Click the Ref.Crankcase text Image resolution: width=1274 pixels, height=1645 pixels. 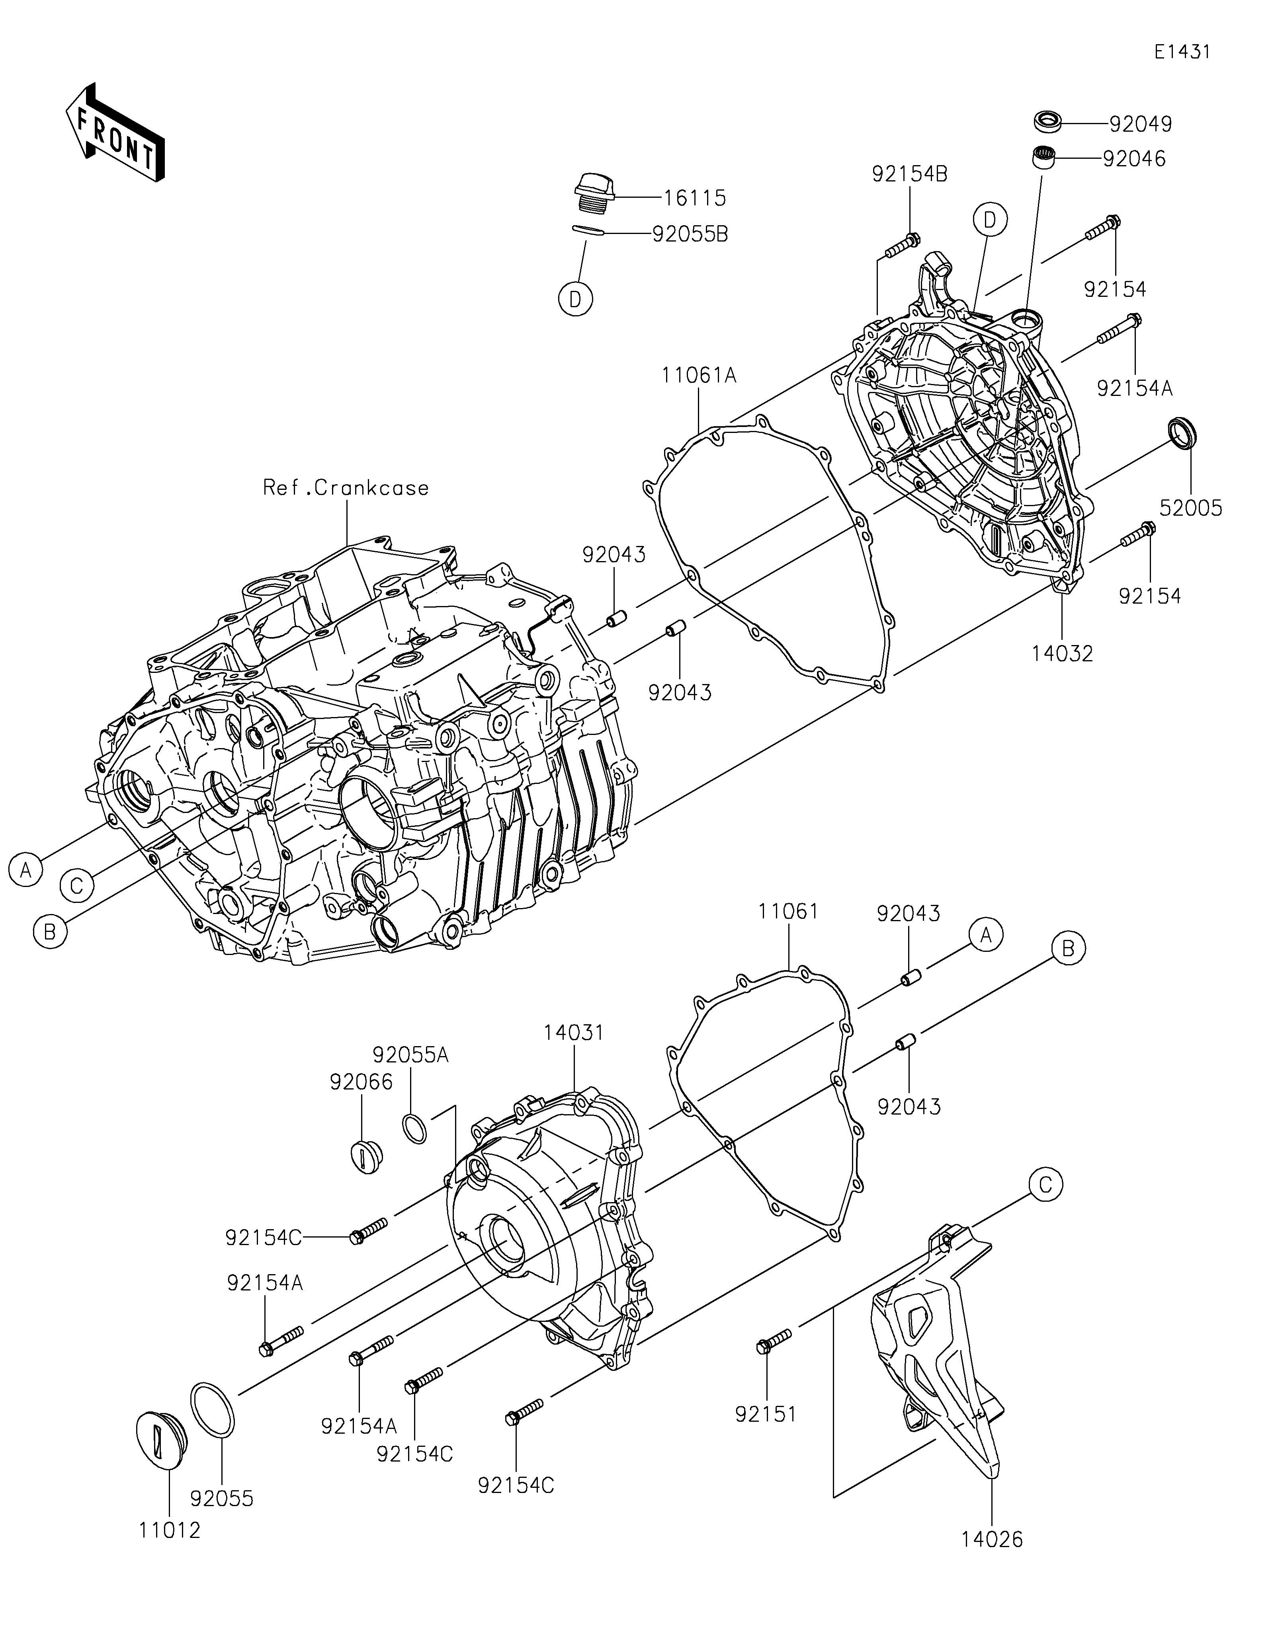pyautogui.click(x=346, y=488)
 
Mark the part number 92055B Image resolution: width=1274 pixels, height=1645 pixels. pyautogui.click(x=690, y=234)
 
